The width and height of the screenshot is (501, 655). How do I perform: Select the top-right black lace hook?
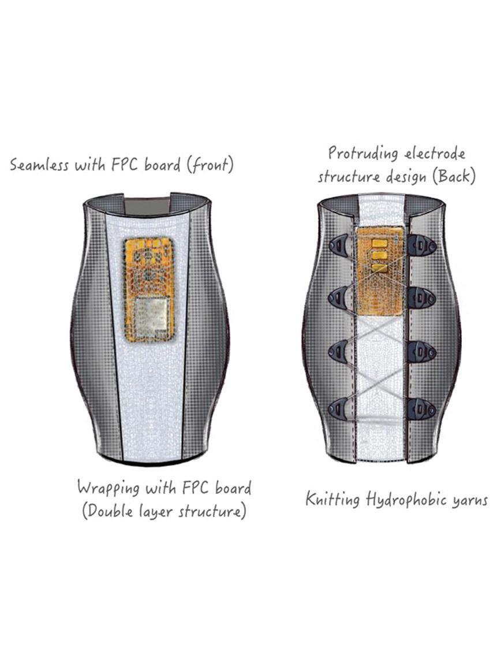pos(422,246)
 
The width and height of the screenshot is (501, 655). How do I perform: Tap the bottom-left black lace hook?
pos(339,408)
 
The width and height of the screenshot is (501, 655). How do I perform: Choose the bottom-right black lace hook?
pos(422,408)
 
